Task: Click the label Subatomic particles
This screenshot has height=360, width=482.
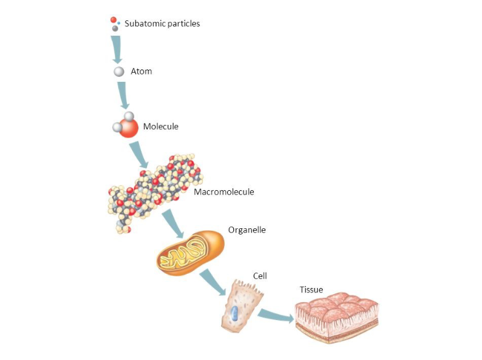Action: pyautogui.click(x=162, y=24)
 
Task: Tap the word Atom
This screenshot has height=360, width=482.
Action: pyautogui.click(x=141, y=71)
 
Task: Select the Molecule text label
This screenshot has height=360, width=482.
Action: pyautogui.click(x=161, y=127)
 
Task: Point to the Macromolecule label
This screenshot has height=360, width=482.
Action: pyautogui.click(x=223, y=192)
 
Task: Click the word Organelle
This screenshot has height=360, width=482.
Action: pyautogui.click(x=247, y=230)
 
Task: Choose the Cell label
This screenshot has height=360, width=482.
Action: pyautogui.click(x=260, y=276)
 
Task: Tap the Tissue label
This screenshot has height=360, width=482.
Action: pyautogui.click(x=311, y=290)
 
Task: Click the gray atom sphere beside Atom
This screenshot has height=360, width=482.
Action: pyautogui.click(x=119, y=72)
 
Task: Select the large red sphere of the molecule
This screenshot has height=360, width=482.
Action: pyautogui.click(x=129, y=128)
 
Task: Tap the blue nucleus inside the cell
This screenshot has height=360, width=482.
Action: pyautogui.click(x=235, y=314)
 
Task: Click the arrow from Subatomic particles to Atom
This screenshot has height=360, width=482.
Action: pyautogui.click(x=116, y=50)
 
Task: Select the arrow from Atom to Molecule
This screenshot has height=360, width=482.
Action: pyautogui.click(x=123, y=95)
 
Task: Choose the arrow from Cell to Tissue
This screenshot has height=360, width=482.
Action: pyautogui.click(x=275, y=316)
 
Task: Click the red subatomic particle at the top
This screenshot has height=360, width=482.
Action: pyautogui.click(x=113, y=20)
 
